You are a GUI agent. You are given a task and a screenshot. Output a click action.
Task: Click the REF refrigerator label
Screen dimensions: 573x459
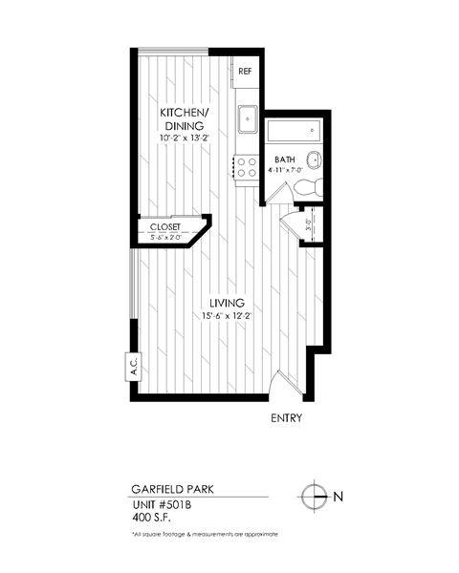[244, 72]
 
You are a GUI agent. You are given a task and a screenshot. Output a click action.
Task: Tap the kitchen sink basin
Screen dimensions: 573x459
[246, 118]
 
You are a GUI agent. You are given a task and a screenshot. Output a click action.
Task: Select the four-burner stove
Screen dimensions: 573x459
[246, 167]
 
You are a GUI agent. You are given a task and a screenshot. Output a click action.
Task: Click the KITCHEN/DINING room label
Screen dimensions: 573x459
[184, 118]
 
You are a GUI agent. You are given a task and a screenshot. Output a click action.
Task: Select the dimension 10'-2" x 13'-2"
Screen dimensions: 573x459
[184, 138]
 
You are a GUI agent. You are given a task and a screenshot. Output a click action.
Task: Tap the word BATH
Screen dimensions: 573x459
[285, 159]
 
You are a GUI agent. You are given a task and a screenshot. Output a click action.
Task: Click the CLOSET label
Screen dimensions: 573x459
[165, 226]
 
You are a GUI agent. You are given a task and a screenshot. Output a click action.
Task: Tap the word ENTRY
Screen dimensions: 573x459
[287, 418]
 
